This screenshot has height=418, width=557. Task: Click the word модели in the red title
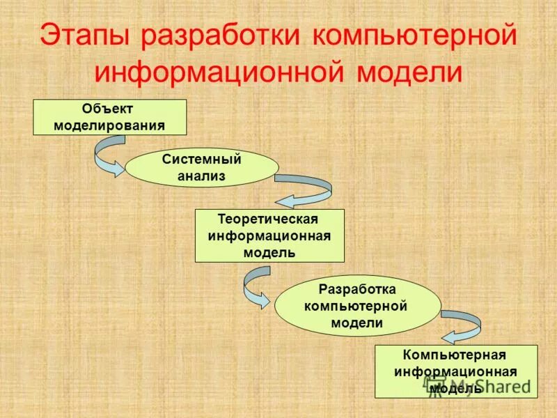pyautogui.click(x=409, y=72)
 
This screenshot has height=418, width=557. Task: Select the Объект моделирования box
pyautogui.click(x=110, y=117)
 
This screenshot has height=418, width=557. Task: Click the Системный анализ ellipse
pyautogui.click(x=202, y=167)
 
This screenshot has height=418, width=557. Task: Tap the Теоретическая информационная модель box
pyautogui.click(x=269, y=235)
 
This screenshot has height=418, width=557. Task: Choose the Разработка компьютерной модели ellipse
pyautogui.click(x=357, y=306)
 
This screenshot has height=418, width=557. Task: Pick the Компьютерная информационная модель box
pyautogui.click(x=455, y=371)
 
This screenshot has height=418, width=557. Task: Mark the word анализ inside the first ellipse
pyautogui.click(x=202, y=176)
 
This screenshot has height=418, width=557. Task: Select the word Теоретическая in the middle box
pyautogui.click(x=269, y=219)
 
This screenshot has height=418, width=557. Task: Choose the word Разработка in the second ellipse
pyautogui.click(x=357, y=289)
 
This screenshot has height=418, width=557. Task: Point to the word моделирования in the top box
pyautogui.click(x=110, y=126)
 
